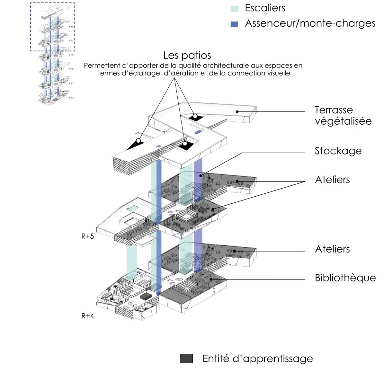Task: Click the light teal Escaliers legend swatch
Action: [234, 9]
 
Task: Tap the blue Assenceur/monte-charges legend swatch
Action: [234, 24]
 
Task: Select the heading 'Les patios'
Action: [187, 55]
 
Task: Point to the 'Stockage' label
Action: [338, 151]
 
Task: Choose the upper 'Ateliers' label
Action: [332, 179]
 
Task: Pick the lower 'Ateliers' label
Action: [332, 249]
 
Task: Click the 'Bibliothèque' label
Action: [345, 278]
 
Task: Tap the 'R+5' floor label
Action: [87, 236]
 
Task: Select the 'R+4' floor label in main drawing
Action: [87, 316]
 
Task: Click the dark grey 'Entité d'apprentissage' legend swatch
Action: [186, 359]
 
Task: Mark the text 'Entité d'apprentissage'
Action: [257, 359]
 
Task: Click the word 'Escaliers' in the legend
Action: [265, 8]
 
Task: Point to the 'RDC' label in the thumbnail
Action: [71, 98]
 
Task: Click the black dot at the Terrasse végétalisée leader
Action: [237, 112]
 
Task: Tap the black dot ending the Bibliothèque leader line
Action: [211, 279]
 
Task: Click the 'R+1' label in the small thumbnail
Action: [71, 83]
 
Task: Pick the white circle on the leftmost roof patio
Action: [138, 141]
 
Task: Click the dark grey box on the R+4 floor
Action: [147, 296]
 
